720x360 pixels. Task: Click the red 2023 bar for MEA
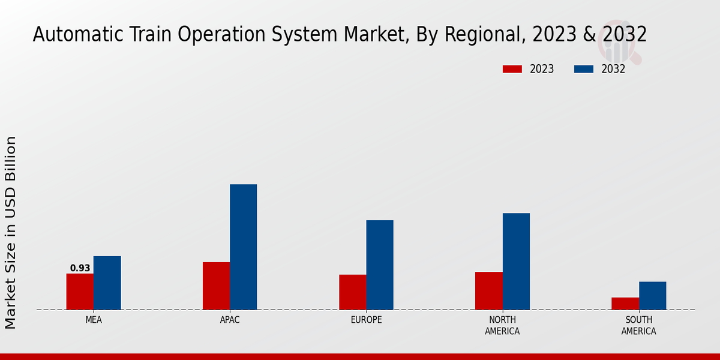[80, 292]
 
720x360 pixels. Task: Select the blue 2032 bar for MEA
[107, 283]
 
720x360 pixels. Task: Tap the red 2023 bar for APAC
[216, 286]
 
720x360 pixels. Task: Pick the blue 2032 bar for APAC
[244, 247]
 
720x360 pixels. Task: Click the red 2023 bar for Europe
[353, 292]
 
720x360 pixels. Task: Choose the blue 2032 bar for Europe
[380, 265]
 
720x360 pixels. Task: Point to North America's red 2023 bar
[489, 290]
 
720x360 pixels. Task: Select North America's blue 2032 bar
[516, 261]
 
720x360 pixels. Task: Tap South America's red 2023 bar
[625, 304]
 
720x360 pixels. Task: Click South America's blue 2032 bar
[652, 296]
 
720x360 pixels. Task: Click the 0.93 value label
[80, 268]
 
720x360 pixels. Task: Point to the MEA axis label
[94, 320]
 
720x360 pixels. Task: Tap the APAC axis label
[230, 320]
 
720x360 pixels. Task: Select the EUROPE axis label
[366, 320]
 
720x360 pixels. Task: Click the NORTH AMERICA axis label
[502, 325]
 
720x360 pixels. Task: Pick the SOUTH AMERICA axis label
[638, 325]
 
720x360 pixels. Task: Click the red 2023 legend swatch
[512, 69]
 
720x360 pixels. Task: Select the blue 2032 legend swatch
[584, 69]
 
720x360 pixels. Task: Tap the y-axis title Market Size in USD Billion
[11, 232]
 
